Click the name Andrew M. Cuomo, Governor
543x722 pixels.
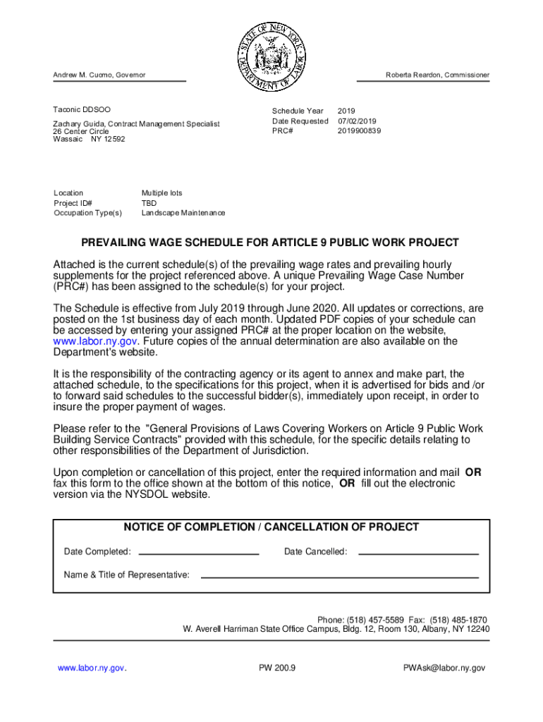click(x=99, y=75)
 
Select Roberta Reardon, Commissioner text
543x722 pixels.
click(x=437, y=75)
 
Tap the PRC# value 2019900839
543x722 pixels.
click(x=359, y=130)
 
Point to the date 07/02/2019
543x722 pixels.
click(x=358, y=121)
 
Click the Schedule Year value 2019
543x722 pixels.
click(x=346, y=111)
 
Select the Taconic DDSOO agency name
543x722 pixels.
click(x=82, y=110)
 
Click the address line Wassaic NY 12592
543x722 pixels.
click(x=89, y=139)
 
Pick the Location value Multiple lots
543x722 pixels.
click(x=161, y=192)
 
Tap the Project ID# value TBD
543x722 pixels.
click(x=149, y=202)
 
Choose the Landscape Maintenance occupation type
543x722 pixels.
click(x=183, y=212)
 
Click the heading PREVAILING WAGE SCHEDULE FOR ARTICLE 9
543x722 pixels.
click(x=270, y=243)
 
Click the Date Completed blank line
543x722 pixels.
click(x=199, y=553)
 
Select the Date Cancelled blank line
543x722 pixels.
click(x=418, y=553)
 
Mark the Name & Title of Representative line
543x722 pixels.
click(x=339, y=577)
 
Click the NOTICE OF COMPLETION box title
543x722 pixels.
click(x=271, y=527)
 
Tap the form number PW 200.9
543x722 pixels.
click(x=277, y=667)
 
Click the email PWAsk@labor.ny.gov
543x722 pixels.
click(x=444, y=667)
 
